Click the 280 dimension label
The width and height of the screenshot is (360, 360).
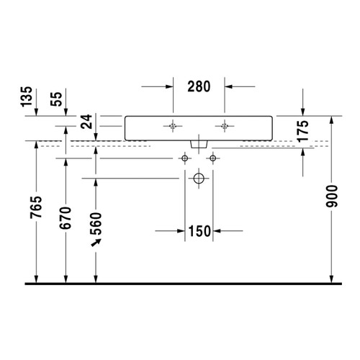199,87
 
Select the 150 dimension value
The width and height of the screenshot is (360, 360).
199,231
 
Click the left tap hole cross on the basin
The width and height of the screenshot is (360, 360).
173,126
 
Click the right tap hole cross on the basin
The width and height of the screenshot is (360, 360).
225,126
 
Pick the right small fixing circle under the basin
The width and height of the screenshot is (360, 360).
212,157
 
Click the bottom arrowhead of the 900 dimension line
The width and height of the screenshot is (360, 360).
331,279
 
